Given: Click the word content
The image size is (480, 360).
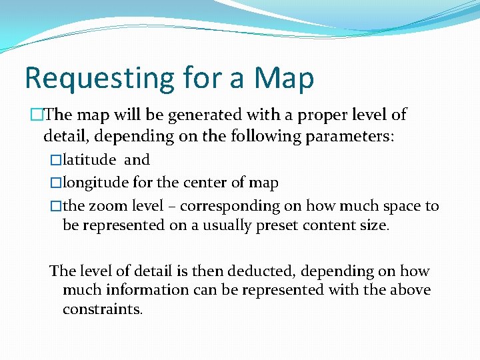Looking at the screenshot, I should tap(326, 225).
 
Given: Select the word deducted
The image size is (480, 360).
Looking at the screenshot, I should tap(264, 271).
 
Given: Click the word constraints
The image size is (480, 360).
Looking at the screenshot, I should tap(102, 309).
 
